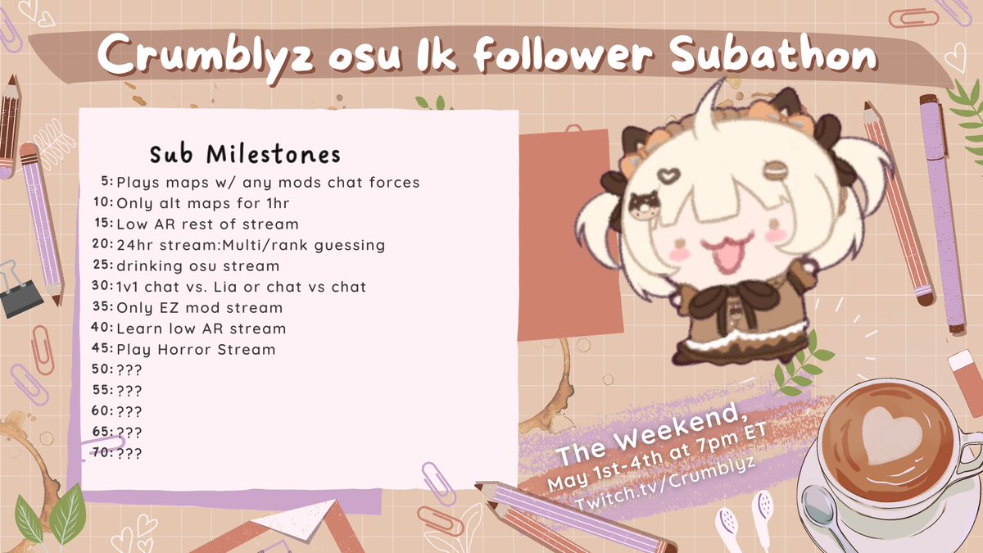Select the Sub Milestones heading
(245, 154)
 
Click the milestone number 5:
(106, 182)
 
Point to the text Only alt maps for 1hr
(190, 203)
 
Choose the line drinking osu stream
(197, 266)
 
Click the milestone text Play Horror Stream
(196, 350)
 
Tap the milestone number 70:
(103, 452)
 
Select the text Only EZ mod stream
(199, 308)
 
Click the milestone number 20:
(103, 245)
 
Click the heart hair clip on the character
(669, 176)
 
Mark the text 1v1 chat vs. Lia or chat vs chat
(241, 287)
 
